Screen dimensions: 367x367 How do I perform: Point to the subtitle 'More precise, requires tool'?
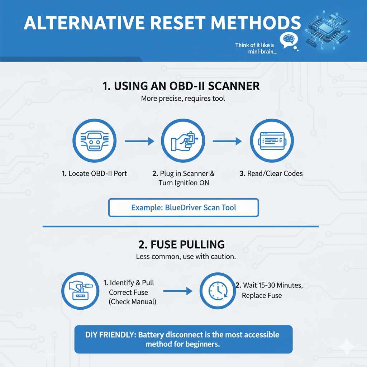click(x=183, y=98)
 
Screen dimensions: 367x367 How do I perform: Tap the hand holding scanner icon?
click(x=182, y=141)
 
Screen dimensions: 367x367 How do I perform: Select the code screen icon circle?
click(x=271, y=141)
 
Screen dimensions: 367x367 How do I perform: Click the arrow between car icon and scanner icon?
click(x=139, y=142)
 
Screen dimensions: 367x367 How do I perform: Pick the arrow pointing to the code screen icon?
click(x=227, y=142)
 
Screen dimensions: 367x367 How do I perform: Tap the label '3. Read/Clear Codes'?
click(x=271, y=173)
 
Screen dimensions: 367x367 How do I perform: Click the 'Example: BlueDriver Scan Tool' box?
click(x=183, y=208)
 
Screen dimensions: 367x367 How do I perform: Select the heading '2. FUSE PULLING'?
click(x=181, y=245)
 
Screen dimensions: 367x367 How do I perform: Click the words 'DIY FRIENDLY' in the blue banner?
click(x=110, y=335)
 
